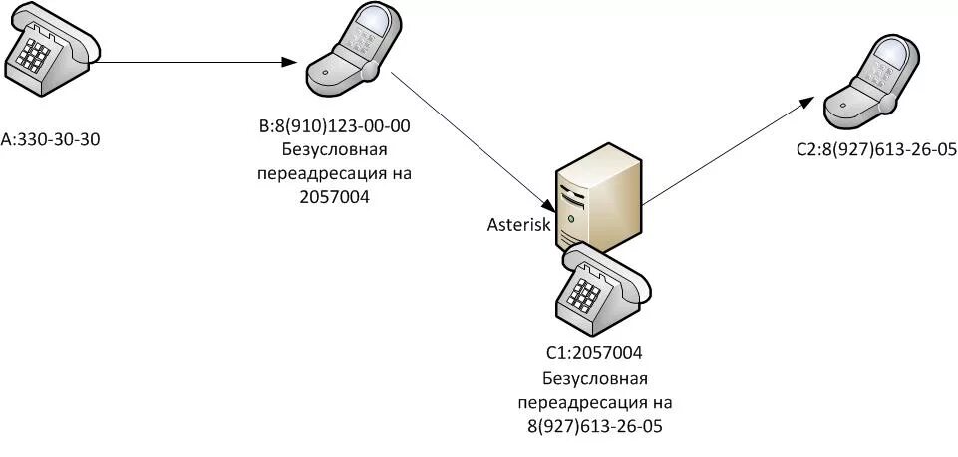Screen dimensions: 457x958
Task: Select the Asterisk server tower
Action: (x=598, y=195)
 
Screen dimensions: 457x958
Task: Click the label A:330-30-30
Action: (x=52, y=139)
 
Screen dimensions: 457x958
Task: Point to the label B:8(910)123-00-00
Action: (x=335, y=126)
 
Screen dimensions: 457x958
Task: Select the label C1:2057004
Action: (x=594, y=353)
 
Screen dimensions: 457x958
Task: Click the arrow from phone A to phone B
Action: (x=199, y=62)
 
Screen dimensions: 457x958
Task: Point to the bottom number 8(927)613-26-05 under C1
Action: (x=595, y=426)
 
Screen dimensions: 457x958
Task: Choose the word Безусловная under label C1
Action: (x=595, y=378)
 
